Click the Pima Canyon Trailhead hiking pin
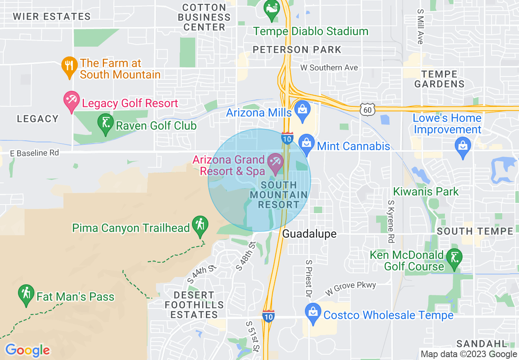[200, 225]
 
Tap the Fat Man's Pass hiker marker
[27, 294]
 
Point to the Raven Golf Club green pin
[106, 124]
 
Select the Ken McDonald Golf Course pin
[455, 259]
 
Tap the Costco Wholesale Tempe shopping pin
[313, 313]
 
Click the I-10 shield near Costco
[269, 315]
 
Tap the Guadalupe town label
[309, 234]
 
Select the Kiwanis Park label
[426, 191]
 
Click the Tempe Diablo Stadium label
[311, 32]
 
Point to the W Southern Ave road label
[329, 67]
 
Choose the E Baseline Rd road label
[34, 153]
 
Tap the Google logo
[27, 350]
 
